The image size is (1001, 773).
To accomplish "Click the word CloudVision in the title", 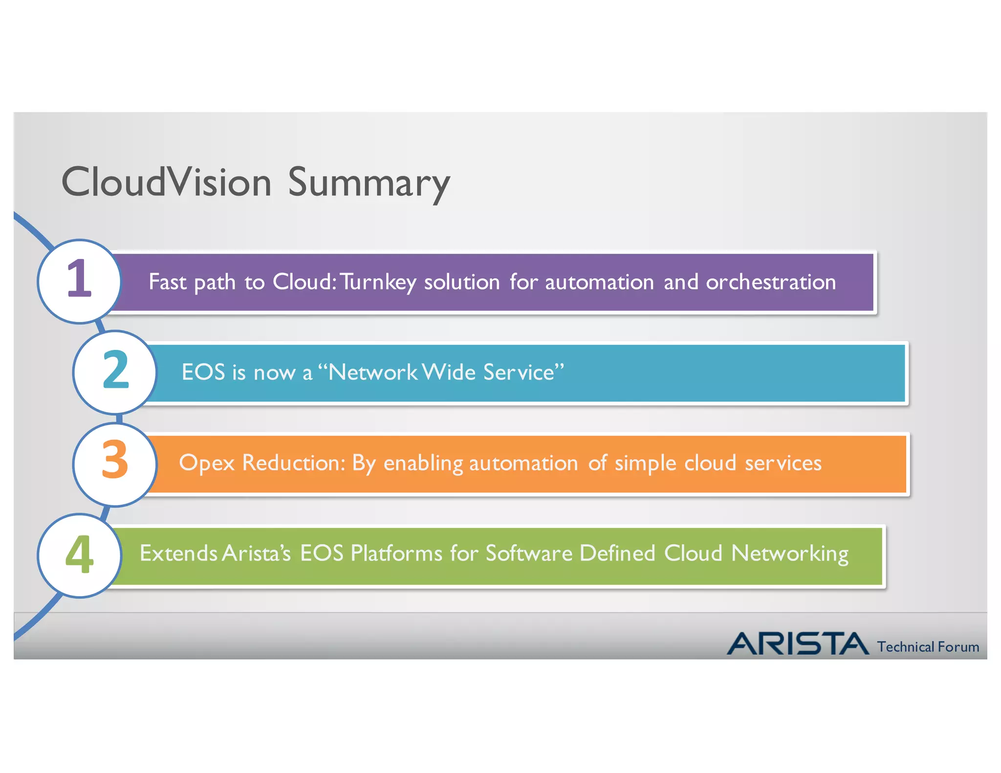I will pos(166,182).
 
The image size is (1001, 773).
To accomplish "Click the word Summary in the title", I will pos(369,183).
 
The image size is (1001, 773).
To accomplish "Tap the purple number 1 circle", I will pos(79,281).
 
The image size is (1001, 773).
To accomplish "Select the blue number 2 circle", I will pos(115,372).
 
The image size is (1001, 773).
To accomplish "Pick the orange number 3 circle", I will pos(115,463).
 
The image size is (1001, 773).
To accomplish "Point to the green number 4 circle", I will pos(79,555).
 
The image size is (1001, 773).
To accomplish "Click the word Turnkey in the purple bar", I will pos(378,282).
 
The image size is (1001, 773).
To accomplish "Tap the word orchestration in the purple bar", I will pos(771,282).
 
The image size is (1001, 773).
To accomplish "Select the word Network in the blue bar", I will pos(372,372).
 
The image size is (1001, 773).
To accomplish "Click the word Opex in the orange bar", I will pos(207,463).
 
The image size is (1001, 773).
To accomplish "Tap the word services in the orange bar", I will pos(783,463).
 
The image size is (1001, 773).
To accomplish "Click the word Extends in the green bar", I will pos(178,553).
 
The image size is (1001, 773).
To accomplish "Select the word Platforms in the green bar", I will pos(396,553).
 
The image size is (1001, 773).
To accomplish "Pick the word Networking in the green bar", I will pos(789,554).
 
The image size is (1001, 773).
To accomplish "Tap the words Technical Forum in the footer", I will pos(928,647).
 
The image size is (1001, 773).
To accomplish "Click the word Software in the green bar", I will pos(529,553).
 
